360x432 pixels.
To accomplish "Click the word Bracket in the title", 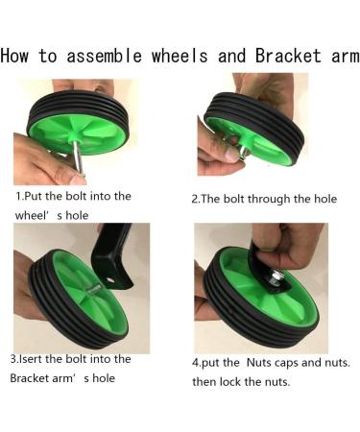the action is (288, 56).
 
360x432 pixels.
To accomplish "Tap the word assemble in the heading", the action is (105, 56).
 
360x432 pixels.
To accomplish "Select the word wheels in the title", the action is (180, 56).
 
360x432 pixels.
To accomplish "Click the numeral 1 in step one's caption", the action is (18, 196).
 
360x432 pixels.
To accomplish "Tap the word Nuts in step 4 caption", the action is (259, 363).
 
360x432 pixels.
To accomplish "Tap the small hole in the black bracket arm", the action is (110, 280).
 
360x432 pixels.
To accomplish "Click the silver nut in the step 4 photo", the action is (276, 276).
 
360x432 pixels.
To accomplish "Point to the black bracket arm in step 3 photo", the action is (113, 256).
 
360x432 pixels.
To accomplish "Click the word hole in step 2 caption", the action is (325, 199).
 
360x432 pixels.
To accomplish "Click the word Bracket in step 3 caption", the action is (28, 378).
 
